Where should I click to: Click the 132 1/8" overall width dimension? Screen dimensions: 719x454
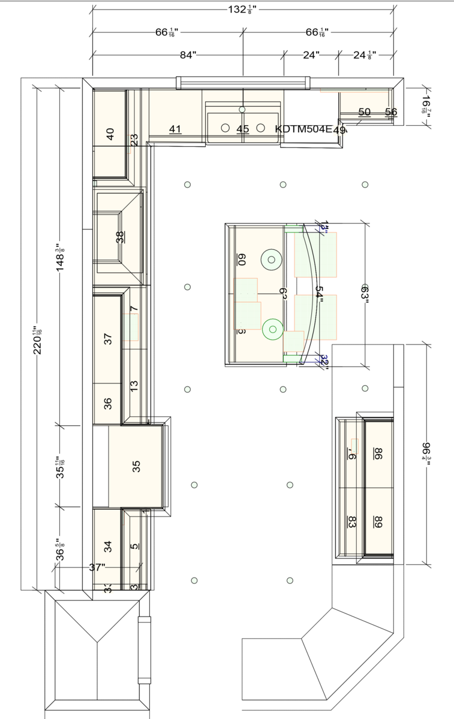243,9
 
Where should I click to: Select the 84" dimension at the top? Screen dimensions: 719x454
188,55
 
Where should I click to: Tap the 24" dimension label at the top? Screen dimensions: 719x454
311,55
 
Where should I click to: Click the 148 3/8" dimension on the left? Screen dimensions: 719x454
61,258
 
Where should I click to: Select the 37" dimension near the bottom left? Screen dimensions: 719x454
97,567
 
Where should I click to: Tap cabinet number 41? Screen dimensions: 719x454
175,129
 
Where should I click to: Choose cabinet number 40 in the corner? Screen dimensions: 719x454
110,134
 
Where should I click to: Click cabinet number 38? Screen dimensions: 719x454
121,237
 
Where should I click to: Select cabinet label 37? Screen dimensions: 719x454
108,339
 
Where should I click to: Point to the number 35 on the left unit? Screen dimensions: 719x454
136,464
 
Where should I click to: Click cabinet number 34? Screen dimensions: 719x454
108,546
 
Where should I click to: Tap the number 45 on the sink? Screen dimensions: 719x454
242,129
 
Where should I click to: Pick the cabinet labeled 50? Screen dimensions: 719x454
364,112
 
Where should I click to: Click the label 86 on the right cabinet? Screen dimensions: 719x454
378,453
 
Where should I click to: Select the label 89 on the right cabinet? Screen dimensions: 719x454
378,521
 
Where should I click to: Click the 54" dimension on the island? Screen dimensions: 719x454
320,294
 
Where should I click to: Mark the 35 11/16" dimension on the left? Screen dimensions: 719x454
61,466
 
